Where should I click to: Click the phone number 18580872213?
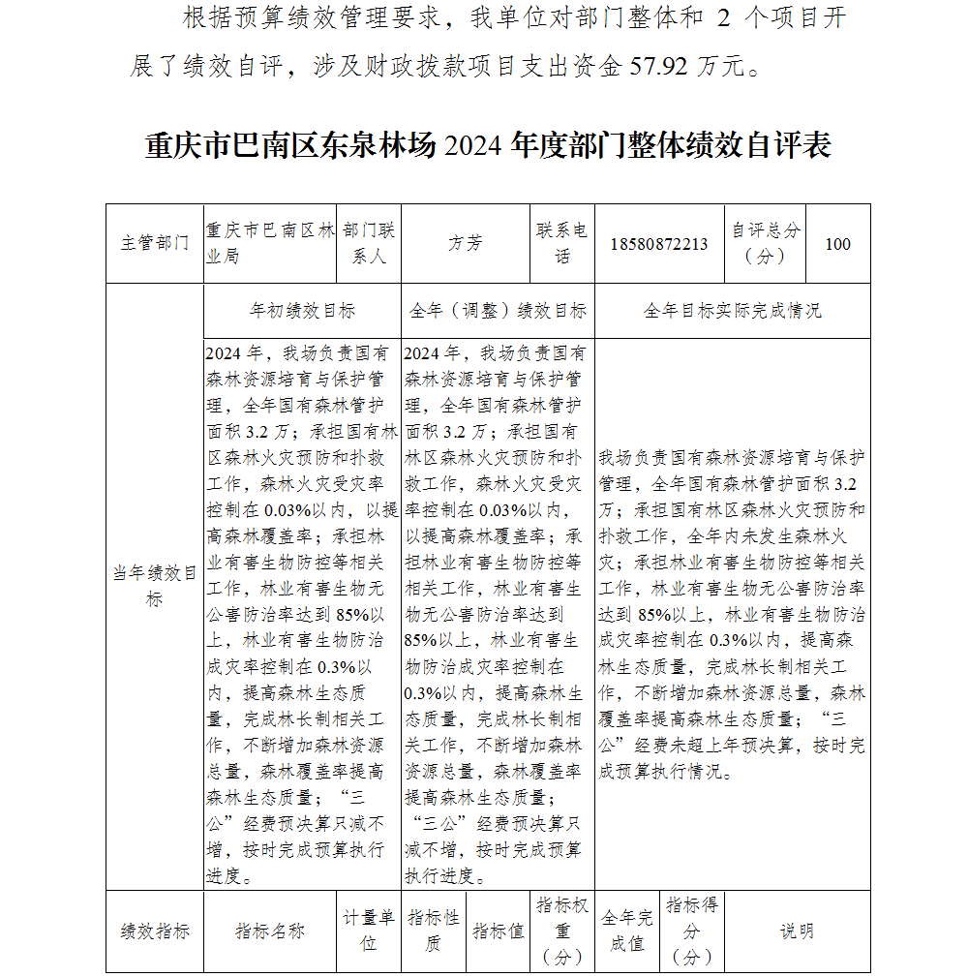(659, 244)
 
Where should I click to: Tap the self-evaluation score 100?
(837, 244)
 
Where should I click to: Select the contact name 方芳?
(465, 244)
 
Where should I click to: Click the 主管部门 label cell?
(155, 244)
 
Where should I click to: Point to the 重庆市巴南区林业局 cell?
(269, 244)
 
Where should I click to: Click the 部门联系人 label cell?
(369, 244)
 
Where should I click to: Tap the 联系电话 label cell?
(562, 244)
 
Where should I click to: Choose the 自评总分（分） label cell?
(766, 244)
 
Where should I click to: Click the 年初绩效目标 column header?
(302, 311)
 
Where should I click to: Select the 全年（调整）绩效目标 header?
(499, 311)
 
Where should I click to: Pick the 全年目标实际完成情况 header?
(733, 311)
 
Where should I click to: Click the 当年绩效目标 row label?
(155, 586)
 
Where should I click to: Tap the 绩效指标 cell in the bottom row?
(155, 931)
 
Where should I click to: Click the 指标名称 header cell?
(270, 931)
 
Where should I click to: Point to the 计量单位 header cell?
(369, 931)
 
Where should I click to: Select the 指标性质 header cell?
(433, 931)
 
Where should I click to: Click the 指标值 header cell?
(499, 931)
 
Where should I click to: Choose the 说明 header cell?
(797, 931)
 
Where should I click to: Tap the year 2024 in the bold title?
(475, 146)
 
